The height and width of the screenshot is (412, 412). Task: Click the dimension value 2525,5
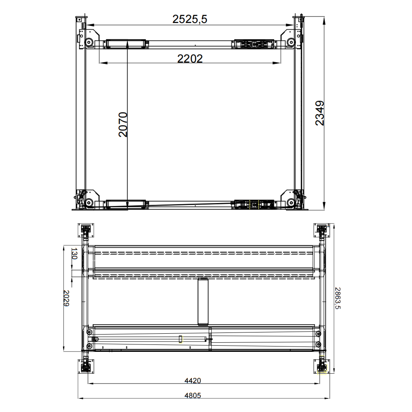(x=190, y=19)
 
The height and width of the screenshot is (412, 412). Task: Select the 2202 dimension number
(x=190, y=59)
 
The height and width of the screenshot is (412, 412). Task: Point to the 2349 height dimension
(x=320, y=113)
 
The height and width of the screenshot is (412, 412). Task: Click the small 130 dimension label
(x=75, y=253)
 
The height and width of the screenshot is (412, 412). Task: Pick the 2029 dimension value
(x=66, y=299)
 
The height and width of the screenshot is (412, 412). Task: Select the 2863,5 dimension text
(x=337, y=298)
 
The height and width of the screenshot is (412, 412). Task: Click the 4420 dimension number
(x=193, y=381)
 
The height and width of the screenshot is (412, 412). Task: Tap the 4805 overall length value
(x=193, y=396)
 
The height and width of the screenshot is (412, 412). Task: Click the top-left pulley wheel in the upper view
(x=89, y=42)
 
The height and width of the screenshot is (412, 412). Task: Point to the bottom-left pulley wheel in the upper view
(x=88, y=202)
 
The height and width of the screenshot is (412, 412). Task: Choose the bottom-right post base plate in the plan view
(x=321, y=366)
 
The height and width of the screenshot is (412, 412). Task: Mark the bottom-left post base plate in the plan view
(x=86, y=366)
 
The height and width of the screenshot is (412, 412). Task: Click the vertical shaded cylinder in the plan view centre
(x=203, y=302)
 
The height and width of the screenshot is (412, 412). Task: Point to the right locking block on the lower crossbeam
(x=253, y=204)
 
